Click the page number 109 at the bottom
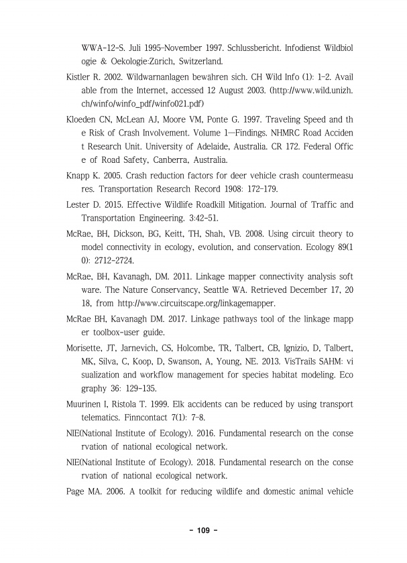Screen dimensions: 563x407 click(x=204, y=531)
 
